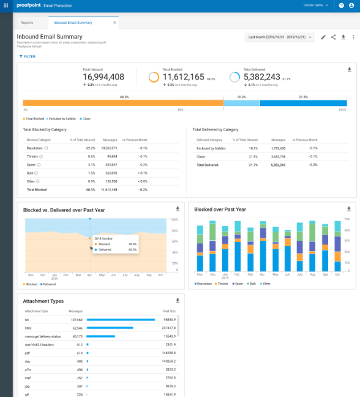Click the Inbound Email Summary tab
[73, 22]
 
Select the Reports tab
[27, 22]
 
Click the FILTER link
[27, 56]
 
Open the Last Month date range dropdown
[280, 37]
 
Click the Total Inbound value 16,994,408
[103, 77]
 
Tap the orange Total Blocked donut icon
[154, 77]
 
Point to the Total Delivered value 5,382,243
[261, 77]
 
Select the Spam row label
[31, 165]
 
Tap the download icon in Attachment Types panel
[178, 300]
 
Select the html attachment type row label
[28, 328]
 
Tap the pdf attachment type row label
[27, 354]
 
